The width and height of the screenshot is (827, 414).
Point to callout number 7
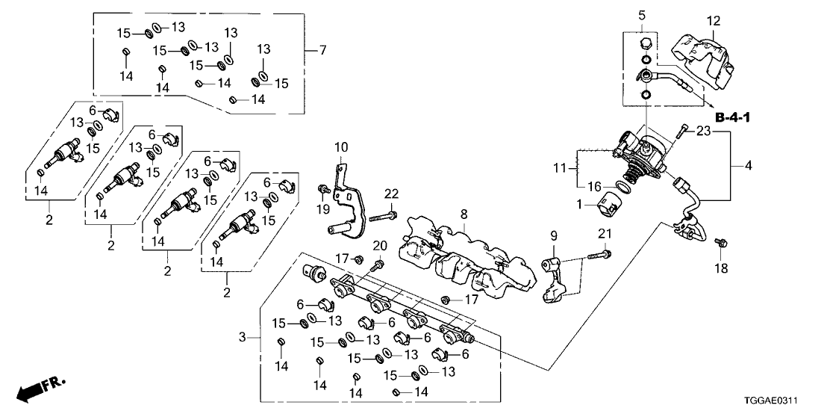[322, 51]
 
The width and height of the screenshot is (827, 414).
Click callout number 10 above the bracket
[340, 146]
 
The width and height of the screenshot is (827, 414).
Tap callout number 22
[390, 194]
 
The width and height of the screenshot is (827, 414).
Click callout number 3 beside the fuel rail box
[242, 339]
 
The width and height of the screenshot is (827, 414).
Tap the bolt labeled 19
[325, 188]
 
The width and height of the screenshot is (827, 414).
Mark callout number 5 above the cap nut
[642, 15]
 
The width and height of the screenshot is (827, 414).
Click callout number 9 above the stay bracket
[554, 236]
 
